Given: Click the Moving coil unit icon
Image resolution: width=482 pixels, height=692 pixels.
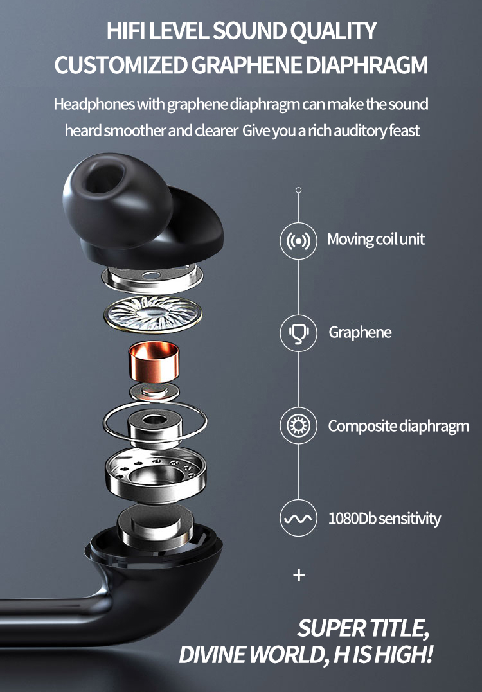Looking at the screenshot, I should pos(299,240).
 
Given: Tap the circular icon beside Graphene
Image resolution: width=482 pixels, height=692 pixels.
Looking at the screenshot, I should pos(299,333).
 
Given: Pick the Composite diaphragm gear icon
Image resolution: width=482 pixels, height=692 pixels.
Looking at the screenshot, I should pos(299,425).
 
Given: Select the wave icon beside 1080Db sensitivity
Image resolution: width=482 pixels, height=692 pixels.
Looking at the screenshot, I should pos(299,518).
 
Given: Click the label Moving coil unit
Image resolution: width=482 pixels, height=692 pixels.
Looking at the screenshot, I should pos(376,240).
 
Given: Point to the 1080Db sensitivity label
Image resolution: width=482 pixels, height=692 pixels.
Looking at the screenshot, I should pos(384,518).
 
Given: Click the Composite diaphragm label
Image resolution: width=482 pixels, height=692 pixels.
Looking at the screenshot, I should pos(398,426).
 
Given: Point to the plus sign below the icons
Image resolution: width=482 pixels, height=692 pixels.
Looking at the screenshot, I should pos(299,575).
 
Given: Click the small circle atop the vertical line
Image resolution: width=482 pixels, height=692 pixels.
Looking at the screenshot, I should pos(298,190).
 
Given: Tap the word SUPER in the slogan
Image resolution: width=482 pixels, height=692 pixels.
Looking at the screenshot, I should pos(330,628).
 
